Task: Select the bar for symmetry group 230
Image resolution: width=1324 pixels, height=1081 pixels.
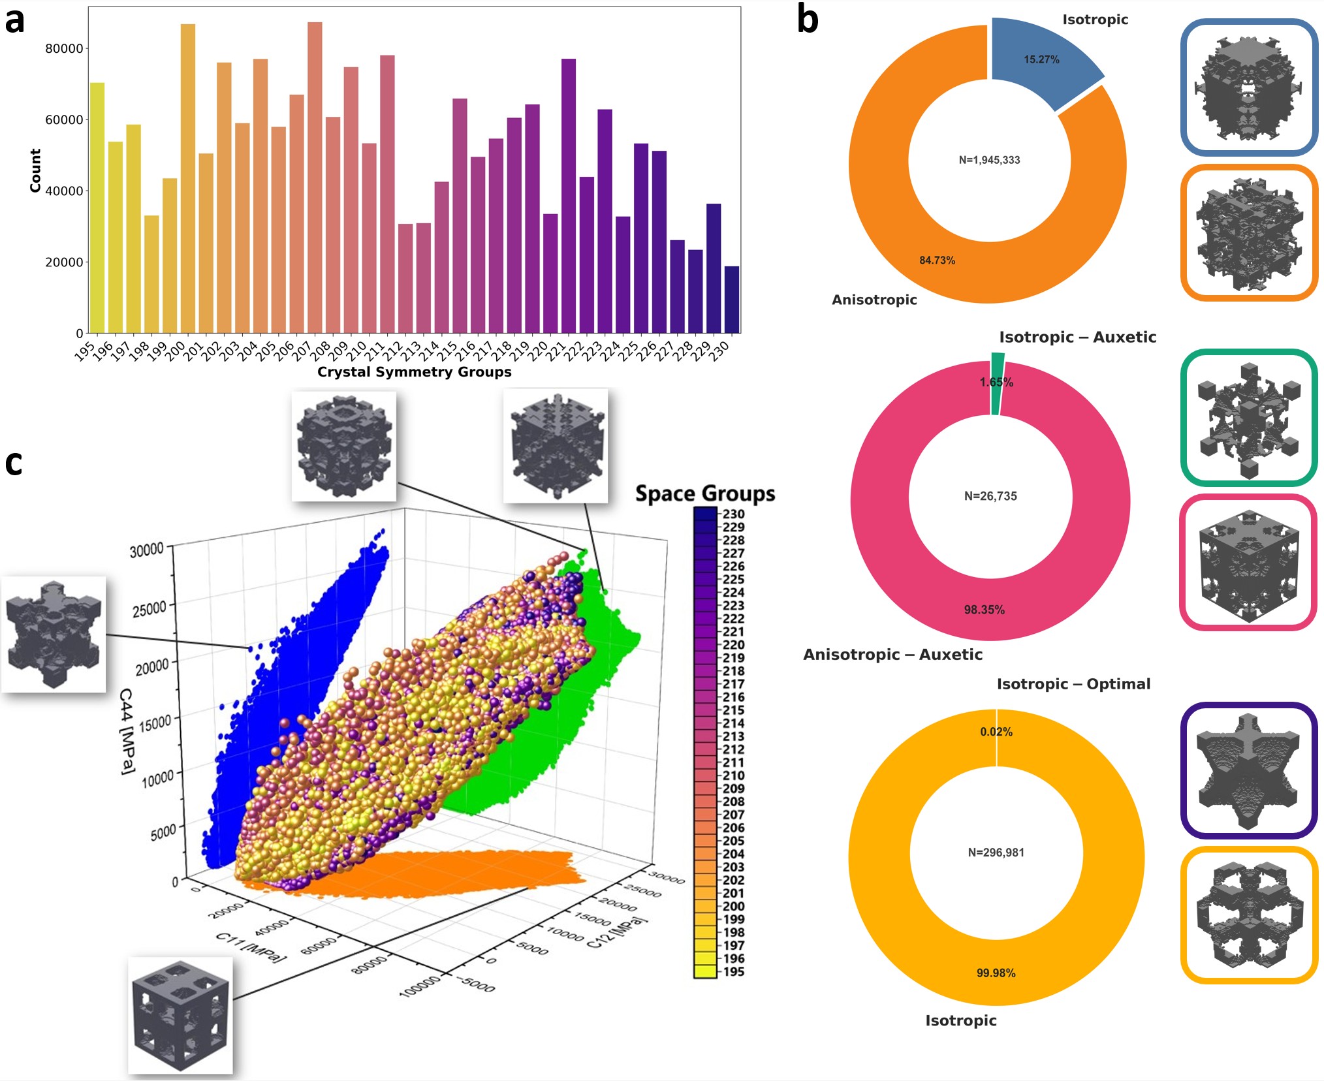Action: click(732, 300)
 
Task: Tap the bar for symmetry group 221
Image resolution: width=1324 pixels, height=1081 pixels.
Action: click(569, 196)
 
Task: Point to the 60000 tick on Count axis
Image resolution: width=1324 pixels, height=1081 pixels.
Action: click(64, 120)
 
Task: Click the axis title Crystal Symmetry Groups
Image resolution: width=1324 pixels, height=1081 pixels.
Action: click(414, 372)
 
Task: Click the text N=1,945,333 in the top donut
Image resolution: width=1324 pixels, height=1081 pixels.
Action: click(989, 160)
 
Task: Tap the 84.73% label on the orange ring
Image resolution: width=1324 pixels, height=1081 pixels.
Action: click(937, 260)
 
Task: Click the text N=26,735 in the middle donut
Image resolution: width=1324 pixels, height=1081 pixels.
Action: click(990, 496)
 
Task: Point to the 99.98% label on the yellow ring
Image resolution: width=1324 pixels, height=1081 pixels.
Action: click(996, 973)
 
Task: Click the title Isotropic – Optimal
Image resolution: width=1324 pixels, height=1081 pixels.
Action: click(1073, 684)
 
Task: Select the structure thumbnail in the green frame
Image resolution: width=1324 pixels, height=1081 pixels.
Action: click(1248, 418)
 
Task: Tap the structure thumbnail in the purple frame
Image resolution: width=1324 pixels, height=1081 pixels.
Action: click(1248, 770)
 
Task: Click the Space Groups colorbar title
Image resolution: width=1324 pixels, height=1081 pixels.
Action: click(705, 493)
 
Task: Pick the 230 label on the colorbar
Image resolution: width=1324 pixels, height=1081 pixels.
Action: click(733, 514)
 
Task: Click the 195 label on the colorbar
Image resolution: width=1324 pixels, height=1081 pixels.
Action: click(733, 971)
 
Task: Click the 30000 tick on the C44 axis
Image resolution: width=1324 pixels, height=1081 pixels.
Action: click(147, 550)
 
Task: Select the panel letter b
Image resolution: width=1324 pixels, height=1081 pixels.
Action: click(808, 20)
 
